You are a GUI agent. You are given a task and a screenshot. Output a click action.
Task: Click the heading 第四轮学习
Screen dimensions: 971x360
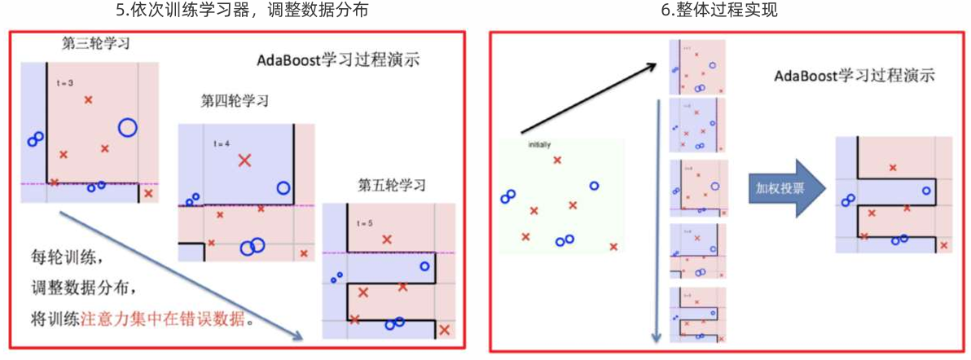(x=235, y=101)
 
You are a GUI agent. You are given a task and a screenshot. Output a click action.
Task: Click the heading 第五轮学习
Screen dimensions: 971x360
(x=392, y=185)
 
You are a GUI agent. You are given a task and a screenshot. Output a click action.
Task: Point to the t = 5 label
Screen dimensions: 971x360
(x=363, y=222)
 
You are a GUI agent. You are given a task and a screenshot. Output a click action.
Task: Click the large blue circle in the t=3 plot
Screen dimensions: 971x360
(x=127, y=127)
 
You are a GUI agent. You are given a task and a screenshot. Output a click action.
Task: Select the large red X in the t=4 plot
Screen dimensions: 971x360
(x=244, y=160)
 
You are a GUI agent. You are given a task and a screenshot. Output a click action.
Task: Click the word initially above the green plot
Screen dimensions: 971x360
(x=540, y=145)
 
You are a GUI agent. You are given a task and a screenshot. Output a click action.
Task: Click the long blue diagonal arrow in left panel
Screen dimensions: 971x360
(x=179, y=277)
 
